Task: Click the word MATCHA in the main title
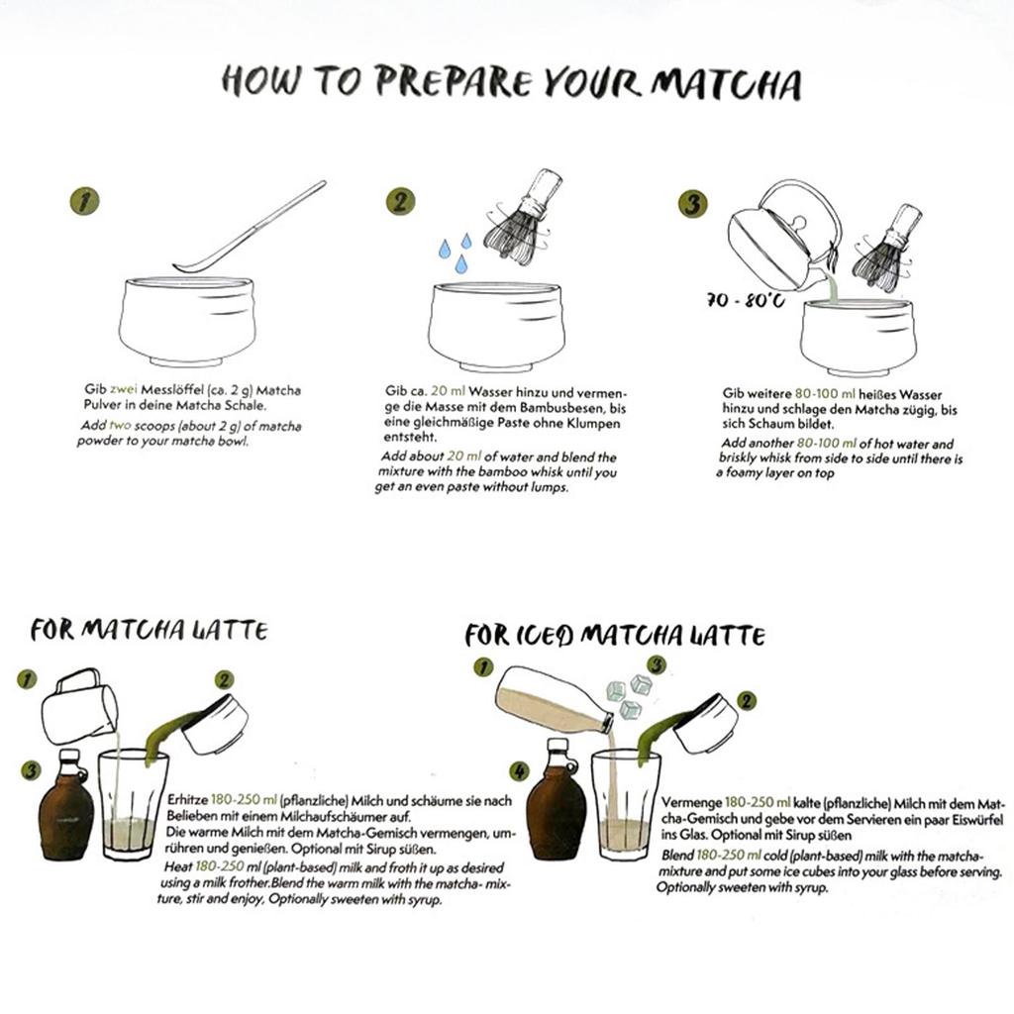tap(726, 83)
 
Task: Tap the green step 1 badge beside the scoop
tap(84, 200)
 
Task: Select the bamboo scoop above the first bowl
tap(250, 228)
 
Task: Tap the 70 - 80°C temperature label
tap(746, 300)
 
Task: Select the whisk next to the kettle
tap(886, 249)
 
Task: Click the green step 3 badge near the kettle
tap(692, 203)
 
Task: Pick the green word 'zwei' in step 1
tap(123, 390)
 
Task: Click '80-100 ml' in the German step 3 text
tap(825, 394)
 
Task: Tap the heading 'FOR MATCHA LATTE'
tap(150, 630)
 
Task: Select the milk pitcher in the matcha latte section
tap(79, 706)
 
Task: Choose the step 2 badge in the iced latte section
tap(747, 701)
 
